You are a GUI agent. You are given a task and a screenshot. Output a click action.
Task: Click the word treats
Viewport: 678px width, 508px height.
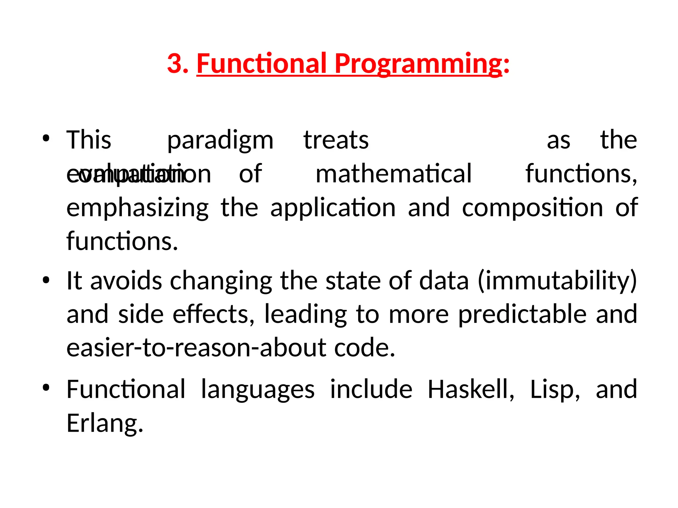coord(336,140)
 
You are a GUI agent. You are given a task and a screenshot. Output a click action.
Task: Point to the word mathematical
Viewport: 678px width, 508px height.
coord(393,174)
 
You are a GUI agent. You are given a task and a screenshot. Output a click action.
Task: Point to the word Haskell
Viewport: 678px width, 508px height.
coord(470,390)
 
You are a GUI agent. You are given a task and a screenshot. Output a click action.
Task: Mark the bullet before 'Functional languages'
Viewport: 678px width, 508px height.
coord(46,388)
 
